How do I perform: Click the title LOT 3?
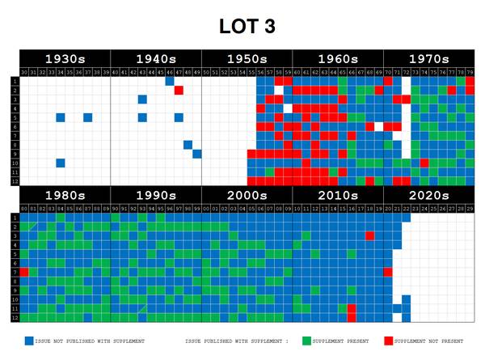(x=247, y=26)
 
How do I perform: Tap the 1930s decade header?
(x=65, y=59)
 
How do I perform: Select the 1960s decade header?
(x=338, y=59)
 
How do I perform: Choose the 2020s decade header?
(x=429, y=197)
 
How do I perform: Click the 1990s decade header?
(x=156, y=197)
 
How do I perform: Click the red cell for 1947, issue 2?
(x=179, y=90)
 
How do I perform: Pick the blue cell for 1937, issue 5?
(x=87, y=117)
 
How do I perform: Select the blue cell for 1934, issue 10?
(x=61, y=163)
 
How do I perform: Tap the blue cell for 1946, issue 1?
(x=170, y=81)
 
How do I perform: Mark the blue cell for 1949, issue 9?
(x=197, y=154)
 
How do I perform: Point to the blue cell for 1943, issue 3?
(x=142, y=99)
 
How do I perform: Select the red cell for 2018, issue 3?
(x=369, y=235)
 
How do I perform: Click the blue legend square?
(x=29, y=341)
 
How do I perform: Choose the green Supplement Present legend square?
(x=307, y=341)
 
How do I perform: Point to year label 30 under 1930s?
(x=24, y=72)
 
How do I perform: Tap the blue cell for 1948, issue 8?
(x=188, y=145)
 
